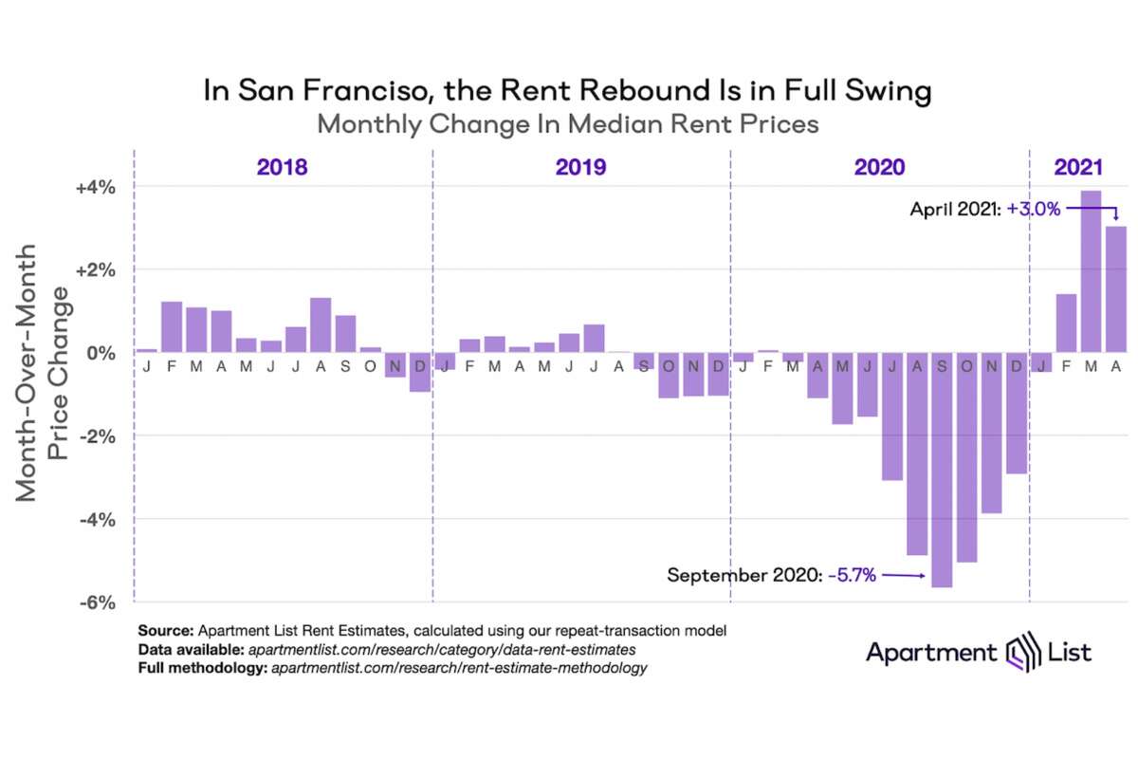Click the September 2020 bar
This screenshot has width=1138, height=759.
coord(942,470)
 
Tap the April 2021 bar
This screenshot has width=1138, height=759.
coord(1115,289)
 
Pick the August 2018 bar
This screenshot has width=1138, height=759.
coord(321,324)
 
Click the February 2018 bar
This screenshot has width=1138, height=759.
coord(172,326)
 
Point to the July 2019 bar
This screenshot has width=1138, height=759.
coord(594,338)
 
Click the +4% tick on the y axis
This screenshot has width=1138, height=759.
coord(96,187)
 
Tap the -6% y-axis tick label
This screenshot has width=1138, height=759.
coord(97,602)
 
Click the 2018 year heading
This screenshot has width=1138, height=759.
coord(282,168)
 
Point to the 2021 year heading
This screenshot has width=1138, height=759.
coord(1078,168)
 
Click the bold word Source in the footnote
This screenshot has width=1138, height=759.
coord(164,630)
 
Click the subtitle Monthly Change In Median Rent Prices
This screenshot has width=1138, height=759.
coord(567,124)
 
